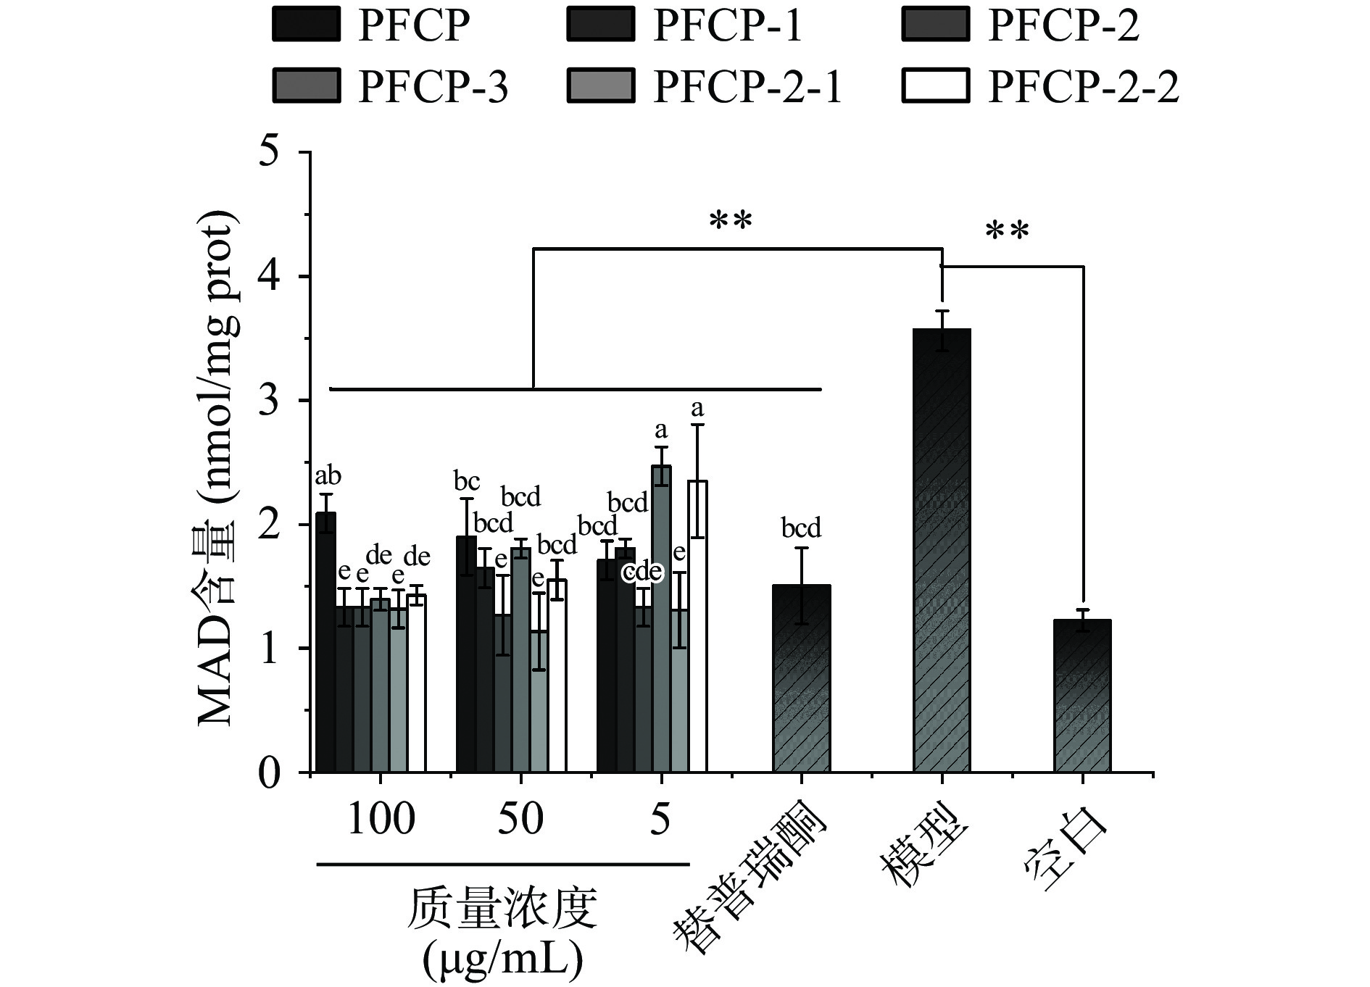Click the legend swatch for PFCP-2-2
(935, 86)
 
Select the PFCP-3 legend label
(433, 87)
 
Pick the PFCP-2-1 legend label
(747, 87)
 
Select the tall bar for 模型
(942, 551)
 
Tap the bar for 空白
(1082, 696)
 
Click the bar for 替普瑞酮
(801, 678)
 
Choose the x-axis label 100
(381, 819)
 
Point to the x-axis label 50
(520, 819)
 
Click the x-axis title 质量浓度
(502, 909)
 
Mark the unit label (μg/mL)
(502, 960)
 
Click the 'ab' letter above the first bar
(328, 476)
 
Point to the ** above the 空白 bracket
(1007, 232)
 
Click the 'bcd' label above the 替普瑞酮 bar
(801, 528)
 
